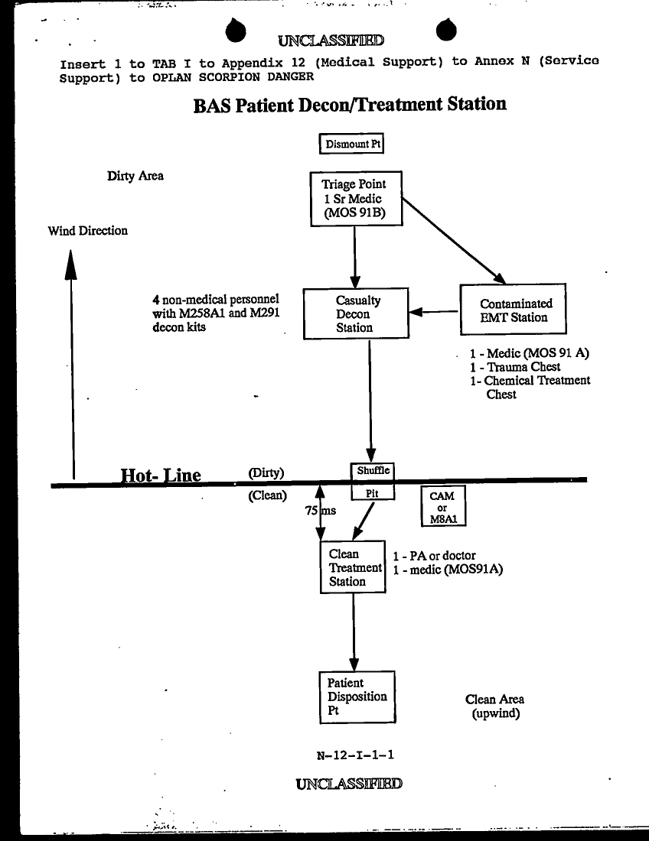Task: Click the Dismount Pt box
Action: pos(351,144)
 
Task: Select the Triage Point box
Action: pos(355,199)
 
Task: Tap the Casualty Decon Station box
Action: pos(355,313)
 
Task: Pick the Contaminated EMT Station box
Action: pos(514,310)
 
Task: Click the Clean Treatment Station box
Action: pos(353,567)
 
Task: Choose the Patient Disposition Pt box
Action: pos(357,697)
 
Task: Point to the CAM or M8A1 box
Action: pos(442,507)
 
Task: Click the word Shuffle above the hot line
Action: pos(373,471)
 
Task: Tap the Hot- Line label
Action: pos(161,476)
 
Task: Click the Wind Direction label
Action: pos(88,231)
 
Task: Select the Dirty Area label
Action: pos(135,177)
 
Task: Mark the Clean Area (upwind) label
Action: pos(495,706)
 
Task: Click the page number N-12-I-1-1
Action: pos(356,755)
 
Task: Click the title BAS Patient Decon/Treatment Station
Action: pos(350,104)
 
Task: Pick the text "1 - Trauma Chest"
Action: pos(515,367)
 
